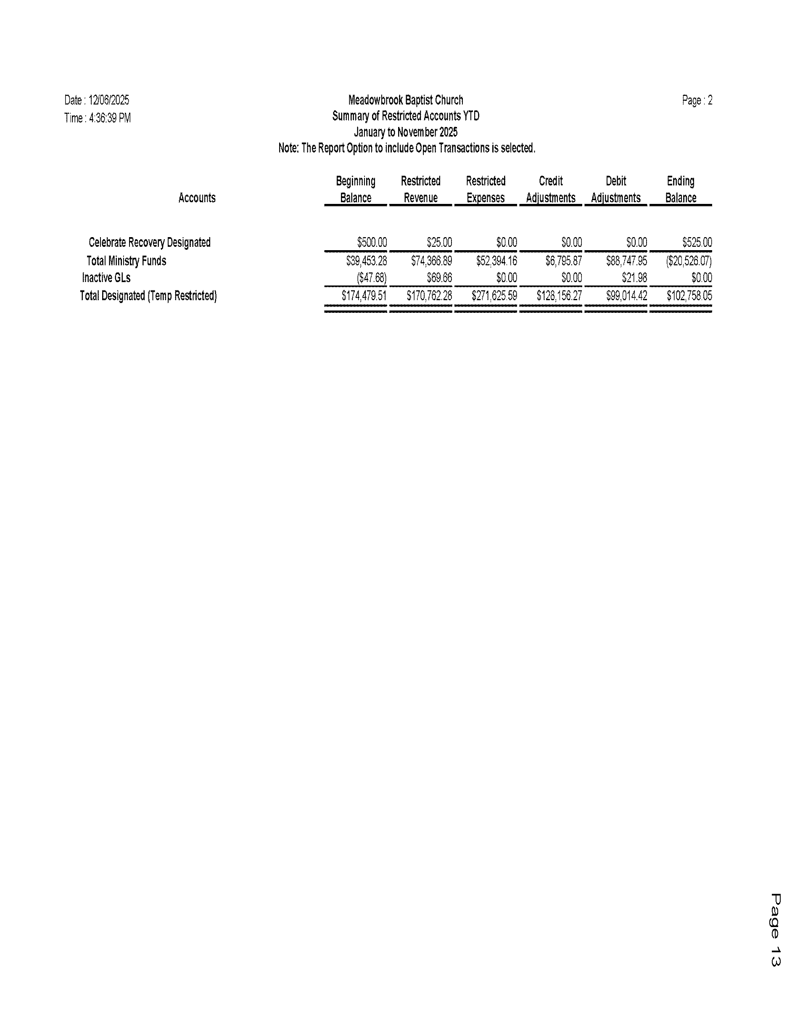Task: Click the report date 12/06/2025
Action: pyautogui.click(x=108, y=100)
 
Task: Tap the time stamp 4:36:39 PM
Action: pyautogui.click(x=110, y=118)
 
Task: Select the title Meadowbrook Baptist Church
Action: pyautogui.click(x=405, y=100)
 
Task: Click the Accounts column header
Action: pyautogui.click(x=197, y=198)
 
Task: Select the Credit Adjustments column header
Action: pyautogui.click(x=550, y=190)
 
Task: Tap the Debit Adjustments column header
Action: pyautogui.click(x=615, y=190)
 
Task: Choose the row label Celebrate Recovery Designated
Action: pyautogui.click(x=149, y=243)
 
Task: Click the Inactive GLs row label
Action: pyautogui.click(x=106, y=277)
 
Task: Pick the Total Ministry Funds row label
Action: pyautogui.click(x=126, y=261)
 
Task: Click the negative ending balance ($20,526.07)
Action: pyautogui.click(x=689, y=261)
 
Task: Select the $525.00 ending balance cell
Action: pyautogui.click(x=697, y=243)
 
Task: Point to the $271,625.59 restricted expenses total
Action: pyautogui.click(x=494, y=296)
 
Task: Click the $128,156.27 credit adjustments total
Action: pyautogui.click(x=559, y=296)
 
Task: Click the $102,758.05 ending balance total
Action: pyautogui.click(x=689, y=296)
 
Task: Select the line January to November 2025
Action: pyautogui.click(x=405, y=132)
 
